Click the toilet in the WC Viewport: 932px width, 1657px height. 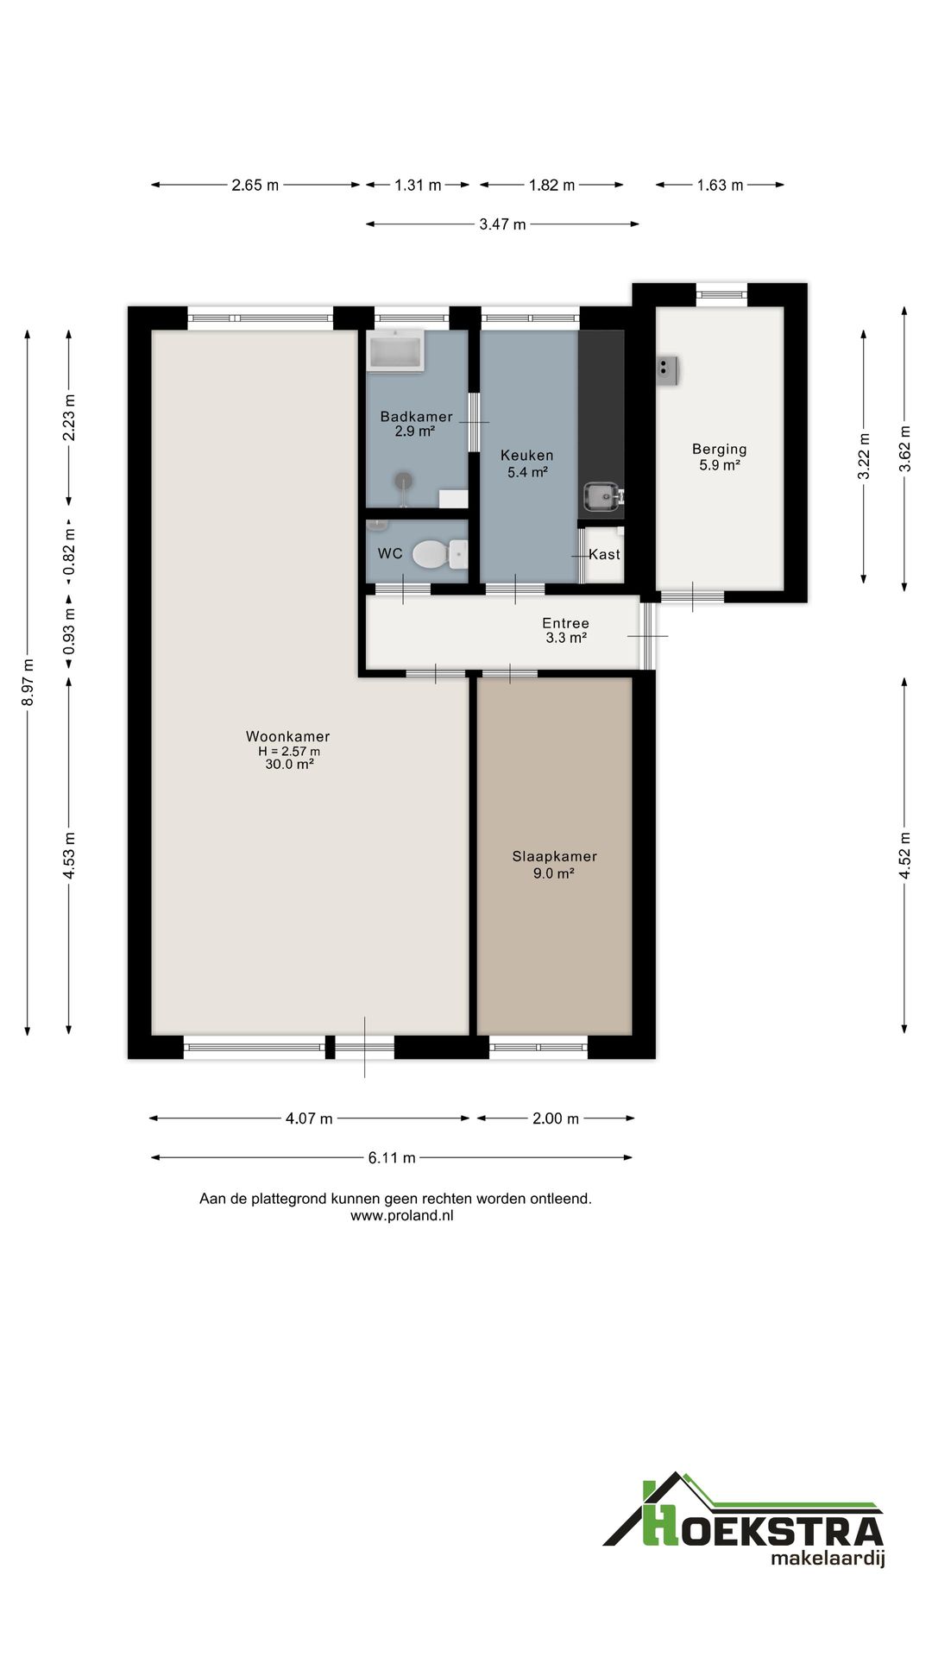point(439,554)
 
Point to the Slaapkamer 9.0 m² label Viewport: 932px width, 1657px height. point(555,865)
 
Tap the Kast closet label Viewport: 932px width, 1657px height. point(604,554)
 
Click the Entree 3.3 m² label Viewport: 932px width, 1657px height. point(566,631)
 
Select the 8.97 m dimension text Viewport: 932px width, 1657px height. point(28,683)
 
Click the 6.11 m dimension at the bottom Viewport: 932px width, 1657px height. point(392,1158)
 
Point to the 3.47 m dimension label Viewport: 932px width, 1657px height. point(502,224)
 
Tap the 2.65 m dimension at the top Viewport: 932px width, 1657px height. point(255,185)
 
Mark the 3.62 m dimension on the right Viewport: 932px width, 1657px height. point(904,449)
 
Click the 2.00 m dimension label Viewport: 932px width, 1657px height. point(556,1118)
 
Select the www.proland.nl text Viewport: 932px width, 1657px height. point(402,1215)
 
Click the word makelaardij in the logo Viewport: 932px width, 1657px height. point(828,1559)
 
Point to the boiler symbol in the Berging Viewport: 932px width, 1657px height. point(667,370)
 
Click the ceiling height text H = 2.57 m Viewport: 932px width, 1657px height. point(289,751)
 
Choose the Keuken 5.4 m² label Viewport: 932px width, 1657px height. point(527,463)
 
